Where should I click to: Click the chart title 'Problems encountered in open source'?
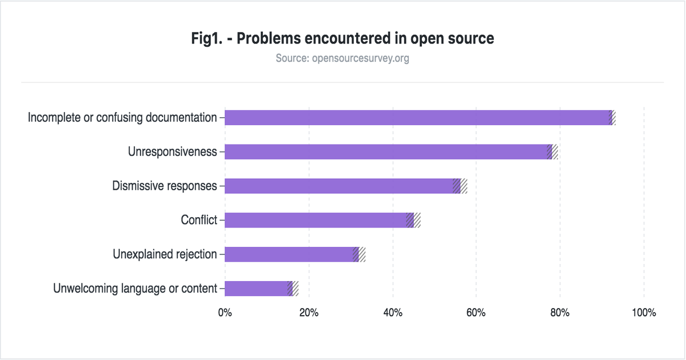click(x=342, y=39)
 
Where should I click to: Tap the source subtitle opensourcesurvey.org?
click(x=342, y=58)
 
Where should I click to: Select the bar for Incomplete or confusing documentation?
click(x=417, y=117)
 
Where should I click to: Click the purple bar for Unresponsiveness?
click(x=386, y=151)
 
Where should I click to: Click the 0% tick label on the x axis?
click(x=225, y=313)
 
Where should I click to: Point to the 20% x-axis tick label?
click(x=309, y=313)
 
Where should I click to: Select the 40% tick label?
click(x=393, y=313)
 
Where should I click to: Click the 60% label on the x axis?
click(x=476, y=313)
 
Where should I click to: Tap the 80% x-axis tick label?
click(x=560, y=313)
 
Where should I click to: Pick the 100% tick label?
click(x=644, y=313)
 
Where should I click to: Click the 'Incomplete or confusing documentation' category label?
click(x=122, y=118)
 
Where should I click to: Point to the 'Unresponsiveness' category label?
click(x=172, y=152)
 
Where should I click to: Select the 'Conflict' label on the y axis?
click(x=199, y=220)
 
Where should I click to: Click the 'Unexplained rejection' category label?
click(x=165, y=254)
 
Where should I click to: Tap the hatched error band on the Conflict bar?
click(x=413, y=220)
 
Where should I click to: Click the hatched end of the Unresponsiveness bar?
click(x=552, y=151)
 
